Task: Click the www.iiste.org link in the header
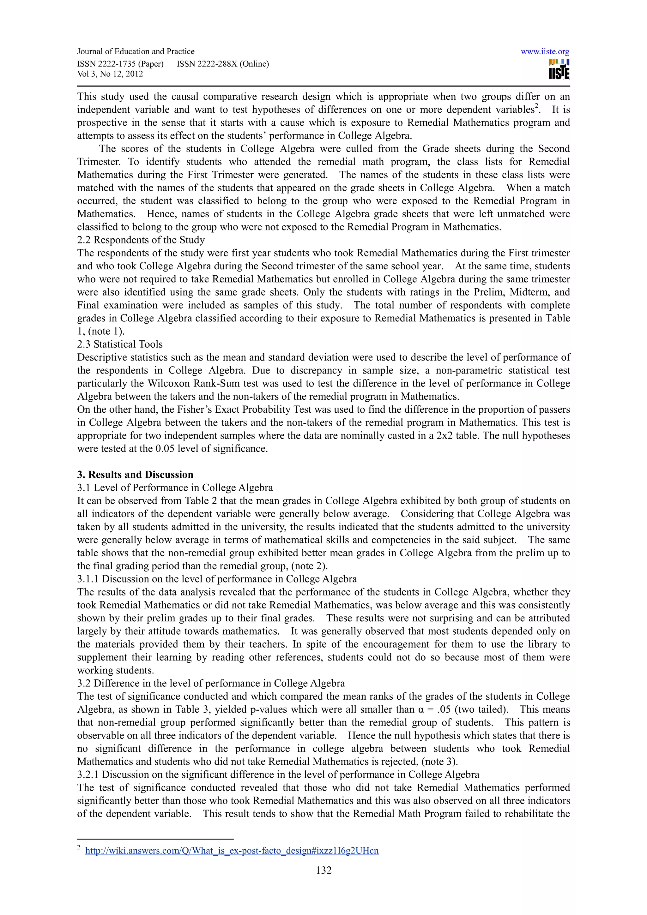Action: pyautogui.click(x=545, y=52)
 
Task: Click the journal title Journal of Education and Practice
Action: pyautogui.click(x=136, y=51)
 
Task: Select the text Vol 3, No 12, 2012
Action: pyautogui.click(x=110, y=74)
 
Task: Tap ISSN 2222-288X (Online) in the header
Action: pyautogui.click(x=223, y=64)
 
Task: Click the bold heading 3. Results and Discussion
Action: pyautogui.click(x=135, y=475)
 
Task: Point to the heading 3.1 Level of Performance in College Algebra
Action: pyautogui.click(x=175, y=488)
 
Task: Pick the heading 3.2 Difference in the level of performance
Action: pyautogui.click(x=211, y=684)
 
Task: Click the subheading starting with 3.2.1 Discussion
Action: pyautogui.click(x=278, y=775)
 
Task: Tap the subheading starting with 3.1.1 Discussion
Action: pyautogui.click(x=217, y=579)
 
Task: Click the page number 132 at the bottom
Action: pyautogui.click(x=323, y=870)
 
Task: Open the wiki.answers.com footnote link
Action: pyautogui.click(x=232, y=851)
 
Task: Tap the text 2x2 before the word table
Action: pyautogui.click(x=446, y=436)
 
